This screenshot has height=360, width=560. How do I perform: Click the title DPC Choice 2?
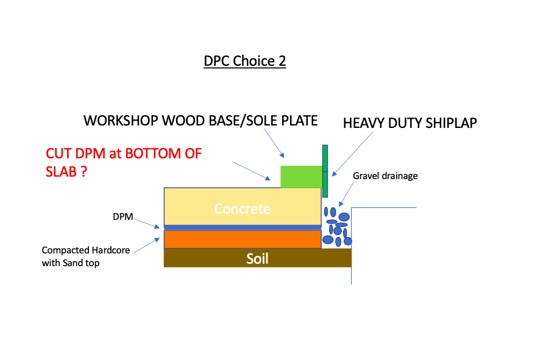coord(244,62)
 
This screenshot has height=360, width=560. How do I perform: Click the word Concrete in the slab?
coord(242,209)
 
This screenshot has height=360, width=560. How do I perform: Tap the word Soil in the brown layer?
coord(257,258)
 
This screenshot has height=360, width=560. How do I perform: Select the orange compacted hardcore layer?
coord(243,239)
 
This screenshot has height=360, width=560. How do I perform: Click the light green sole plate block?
coord(300,177)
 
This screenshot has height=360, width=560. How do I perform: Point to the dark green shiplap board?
coord(325,171)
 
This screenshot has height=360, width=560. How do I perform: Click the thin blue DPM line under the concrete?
coord(243,227)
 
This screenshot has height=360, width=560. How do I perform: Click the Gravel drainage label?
coord(385,176)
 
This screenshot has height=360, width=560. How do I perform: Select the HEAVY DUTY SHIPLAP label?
coord(409,123)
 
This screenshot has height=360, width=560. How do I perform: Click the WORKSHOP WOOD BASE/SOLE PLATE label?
coord(200,121)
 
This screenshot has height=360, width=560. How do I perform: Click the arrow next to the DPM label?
coord(149,222)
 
